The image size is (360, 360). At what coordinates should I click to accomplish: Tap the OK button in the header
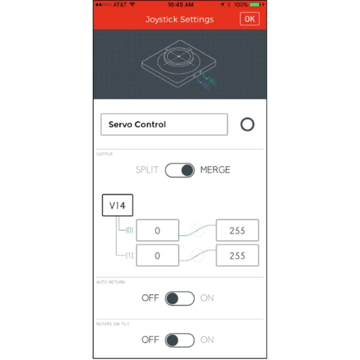[x=249, y=19]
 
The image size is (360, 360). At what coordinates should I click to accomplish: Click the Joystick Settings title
[x=179, y=20]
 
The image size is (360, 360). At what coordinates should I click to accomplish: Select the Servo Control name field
[x=164, y=124]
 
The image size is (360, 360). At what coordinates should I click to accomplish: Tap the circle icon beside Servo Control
[x=247, y=124]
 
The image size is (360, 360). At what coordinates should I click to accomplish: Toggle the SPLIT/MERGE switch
[x=180, y=170]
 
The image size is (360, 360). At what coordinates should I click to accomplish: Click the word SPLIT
[x=148, y=170]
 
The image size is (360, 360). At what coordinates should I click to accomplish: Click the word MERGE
[x=215, y=170]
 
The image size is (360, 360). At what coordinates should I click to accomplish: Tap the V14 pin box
[x=118, y=206]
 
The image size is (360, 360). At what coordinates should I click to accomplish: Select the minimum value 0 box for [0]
[x=157, y=231]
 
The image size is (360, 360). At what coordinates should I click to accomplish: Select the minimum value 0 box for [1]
[x=157, y=256]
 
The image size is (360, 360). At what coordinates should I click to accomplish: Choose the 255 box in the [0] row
[x=237, y=231]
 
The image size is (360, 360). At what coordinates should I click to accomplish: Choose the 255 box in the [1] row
[x=237, y=256]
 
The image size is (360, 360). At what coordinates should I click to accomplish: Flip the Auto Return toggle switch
[x=180, y=298]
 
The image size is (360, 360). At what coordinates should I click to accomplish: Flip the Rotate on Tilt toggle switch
[x=180, y=340]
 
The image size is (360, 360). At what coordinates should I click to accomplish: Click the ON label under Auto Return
[x=207, y=298]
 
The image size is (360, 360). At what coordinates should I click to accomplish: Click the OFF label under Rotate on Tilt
[x=150, y=340]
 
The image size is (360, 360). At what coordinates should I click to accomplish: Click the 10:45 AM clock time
[x=179, y=5]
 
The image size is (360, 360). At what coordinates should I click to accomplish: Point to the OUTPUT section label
[x=104, y=154]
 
